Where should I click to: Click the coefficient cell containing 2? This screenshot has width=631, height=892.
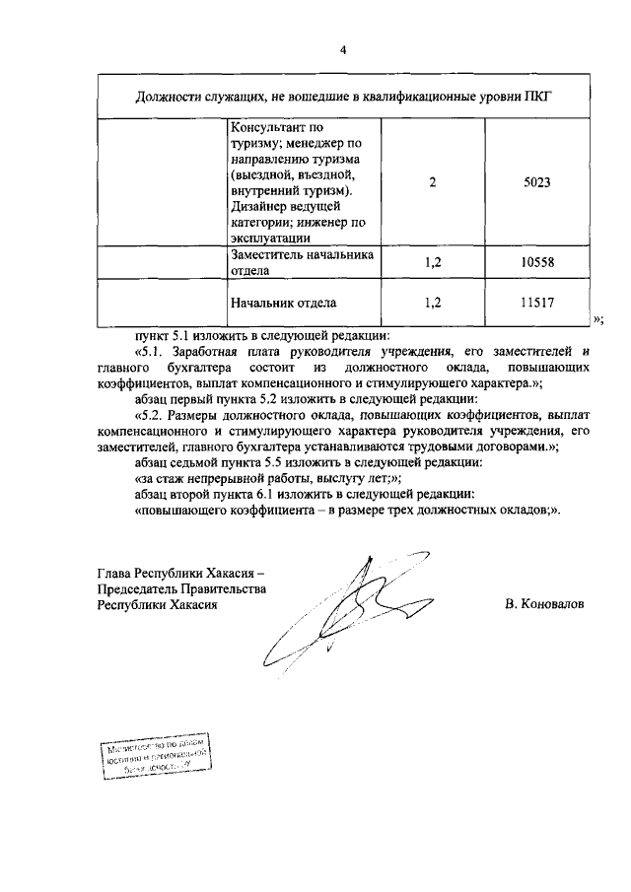coord(433,181)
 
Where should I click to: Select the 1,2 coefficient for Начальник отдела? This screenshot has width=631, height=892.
coord(433,305)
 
